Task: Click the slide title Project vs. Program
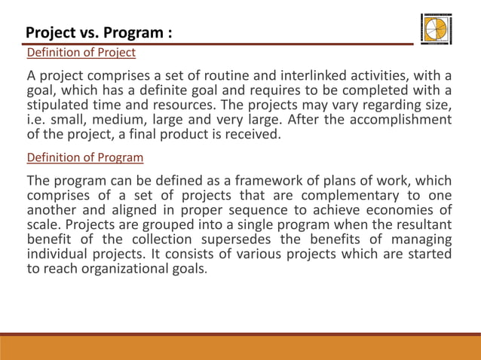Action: (x=99, y=33)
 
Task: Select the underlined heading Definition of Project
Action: (x=81, y=53)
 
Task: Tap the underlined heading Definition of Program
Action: (x=85, y=158)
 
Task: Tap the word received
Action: (x=253, y=135)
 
